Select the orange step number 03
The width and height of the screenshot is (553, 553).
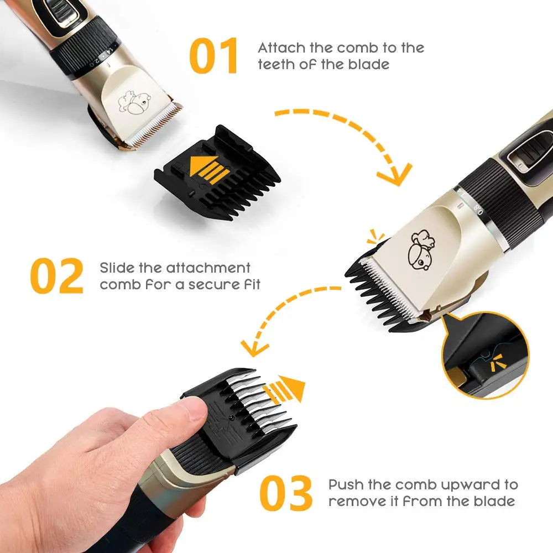tap(285, 494)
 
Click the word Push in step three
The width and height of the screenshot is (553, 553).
tap(347, 485)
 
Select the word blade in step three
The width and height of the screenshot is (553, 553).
tap(495, 502)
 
